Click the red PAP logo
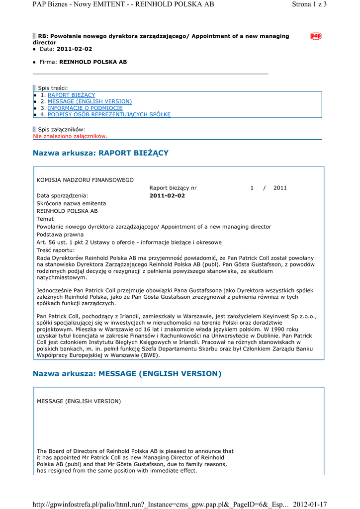(316, 36)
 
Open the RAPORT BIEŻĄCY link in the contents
(71, 95)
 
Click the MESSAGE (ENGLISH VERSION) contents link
(90, 101)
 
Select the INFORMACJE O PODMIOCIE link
(85, 108)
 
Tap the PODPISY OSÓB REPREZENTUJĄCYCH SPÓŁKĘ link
(109, 114)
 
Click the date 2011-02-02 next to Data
(75, 49)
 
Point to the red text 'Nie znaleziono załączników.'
(70, 136)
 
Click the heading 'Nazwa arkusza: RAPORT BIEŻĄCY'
(100, 153)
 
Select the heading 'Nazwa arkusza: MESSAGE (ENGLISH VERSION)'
(127, 374)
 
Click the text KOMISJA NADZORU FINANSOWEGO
(85, 180)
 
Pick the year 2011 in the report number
(280, 188)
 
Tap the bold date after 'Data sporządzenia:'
(167, 196)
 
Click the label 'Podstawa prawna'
(60, 235)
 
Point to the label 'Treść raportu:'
(56, 250)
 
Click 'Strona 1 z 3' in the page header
(309, 4)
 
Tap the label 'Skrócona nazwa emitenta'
(71, 203)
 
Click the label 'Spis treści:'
(53, 88)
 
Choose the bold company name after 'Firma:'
(93, 62)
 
